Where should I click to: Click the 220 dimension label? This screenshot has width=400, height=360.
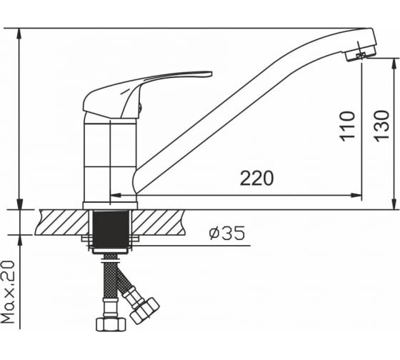(256, 179)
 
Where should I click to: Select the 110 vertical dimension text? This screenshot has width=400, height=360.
(347, 126)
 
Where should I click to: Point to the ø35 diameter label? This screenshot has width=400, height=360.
(227, 233)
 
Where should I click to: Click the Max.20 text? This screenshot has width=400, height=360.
(8, 292)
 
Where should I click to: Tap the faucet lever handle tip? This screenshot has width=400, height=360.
(210, 74)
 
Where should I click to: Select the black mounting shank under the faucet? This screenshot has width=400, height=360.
(111, 229)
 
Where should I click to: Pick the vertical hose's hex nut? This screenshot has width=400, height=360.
(111, 324)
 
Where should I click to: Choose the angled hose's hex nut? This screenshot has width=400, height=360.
(144, 311)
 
